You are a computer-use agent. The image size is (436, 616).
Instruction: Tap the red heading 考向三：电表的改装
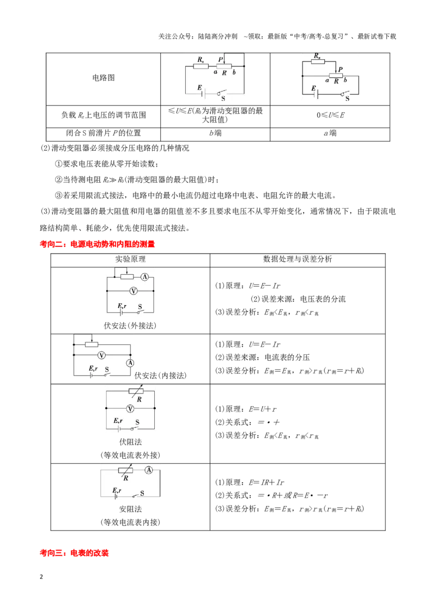tap(74, 553)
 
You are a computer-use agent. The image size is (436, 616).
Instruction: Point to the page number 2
tap(41, 577)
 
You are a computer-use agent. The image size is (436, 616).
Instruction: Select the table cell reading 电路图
tap(104, 78)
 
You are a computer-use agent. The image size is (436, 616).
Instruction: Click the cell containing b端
tap(215, 133)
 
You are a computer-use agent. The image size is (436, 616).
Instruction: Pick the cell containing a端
tap(330, 133)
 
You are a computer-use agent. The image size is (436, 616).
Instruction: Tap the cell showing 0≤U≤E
tap(330, 115)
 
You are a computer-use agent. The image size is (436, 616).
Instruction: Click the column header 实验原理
tap(130, 259)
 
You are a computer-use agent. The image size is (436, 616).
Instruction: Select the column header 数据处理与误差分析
tap(298, 259)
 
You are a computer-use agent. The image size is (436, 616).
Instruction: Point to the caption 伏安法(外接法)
tap(130, 325)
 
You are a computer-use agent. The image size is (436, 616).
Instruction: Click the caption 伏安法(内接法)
tap(161, 375)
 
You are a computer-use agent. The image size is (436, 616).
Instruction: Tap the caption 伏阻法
tap(130, 442)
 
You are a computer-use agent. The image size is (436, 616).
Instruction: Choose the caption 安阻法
tap(130, 509)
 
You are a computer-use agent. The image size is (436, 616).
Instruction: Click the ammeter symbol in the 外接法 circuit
tap(145, 277)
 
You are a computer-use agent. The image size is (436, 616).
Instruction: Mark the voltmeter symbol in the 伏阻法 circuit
tap(130, 409)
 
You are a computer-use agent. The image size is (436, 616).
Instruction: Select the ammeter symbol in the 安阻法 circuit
tap(149, 470)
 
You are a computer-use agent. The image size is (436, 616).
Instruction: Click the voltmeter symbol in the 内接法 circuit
tap(102, 355)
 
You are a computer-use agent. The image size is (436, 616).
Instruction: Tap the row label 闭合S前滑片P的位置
tap(104, 133)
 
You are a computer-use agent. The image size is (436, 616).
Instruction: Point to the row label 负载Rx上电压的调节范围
tap(104, 115)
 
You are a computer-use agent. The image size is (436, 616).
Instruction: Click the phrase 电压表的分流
tap(323, 299)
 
